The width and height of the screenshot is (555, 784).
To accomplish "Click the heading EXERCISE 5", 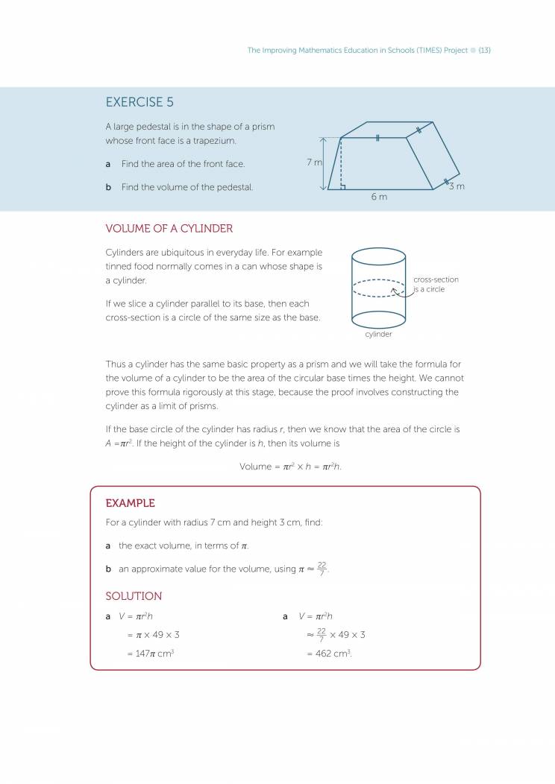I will [x=139, y=102].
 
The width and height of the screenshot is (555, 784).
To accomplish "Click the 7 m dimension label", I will [x=313, y=162].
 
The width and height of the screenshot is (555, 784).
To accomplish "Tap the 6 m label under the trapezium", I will [x=379, y=197].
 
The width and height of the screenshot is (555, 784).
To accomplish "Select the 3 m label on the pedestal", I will [x=456, y=186].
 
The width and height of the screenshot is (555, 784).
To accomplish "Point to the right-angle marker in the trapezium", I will [x=342, y=186].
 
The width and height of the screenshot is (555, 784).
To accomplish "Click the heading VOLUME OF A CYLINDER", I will [x=169, y=229].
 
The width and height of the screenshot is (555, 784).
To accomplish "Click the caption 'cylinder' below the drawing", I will [x=378, y=335].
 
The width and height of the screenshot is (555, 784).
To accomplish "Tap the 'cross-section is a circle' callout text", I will [x=436, y=284].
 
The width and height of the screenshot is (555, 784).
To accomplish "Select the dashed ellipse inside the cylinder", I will [x=378, y=288].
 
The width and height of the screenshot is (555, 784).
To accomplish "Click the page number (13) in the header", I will [x=484, y=50].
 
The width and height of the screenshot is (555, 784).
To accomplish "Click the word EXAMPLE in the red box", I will [x=130, y=503].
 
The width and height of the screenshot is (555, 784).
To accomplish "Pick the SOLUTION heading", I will [x=134, y=596].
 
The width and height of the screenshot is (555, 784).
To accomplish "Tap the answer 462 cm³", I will [x=329, y=654].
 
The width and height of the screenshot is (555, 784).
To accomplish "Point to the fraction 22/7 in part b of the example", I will [x=322, y=568].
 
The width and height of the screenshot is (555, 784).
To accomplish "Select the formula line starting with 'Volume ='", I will [x=290, y=467].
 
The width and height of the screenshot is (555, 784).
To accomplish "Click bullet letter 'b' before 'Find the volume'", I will [x=108, y=187].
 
